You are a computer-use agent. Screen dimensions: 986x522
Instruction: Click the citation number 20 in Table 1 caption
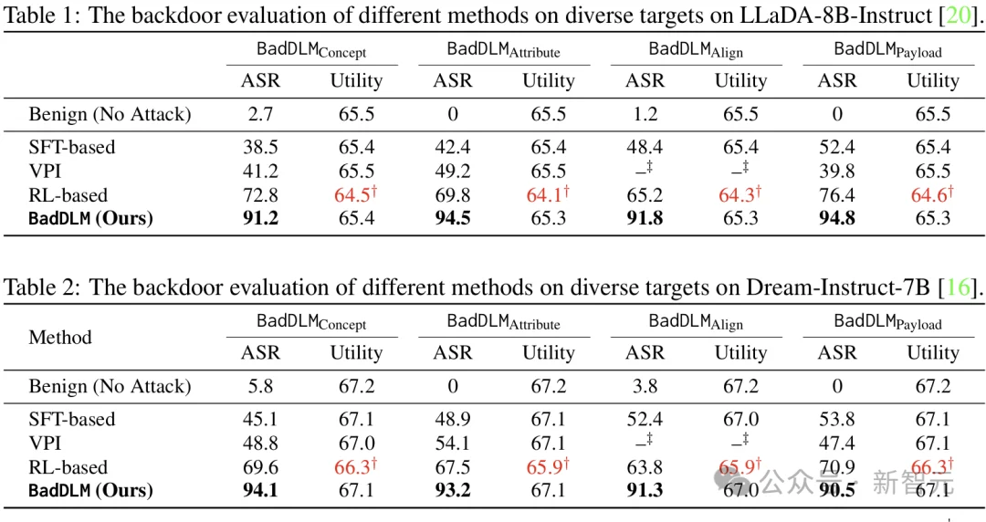pos(958,16)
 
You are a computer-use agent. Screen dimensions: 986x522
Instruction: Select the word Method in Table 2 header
pos(60,337)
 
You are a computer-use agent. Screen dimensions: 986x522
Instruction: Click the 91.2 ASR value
pos(260,218)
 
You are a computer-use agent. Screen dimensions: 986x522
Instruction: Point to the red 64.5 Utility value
pos(355,194)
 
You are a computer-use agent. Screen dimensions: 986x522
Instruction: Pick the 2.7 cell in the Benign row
pos(260,114)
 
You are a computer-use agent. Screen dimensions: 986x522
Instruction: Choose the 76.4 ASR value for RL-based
pos(837,195)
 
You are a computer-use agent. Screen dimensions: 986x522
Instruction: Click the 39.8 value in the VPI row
pos(837,171)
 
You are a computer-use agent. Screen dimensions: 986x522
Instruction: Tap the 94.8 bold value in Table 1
pos(837,218)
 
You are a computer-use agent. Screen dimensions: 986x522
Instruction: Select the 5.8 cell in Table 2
pos(260,386)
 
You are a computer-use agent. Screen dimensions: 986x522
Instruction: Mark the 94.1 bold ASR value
pos(260,491)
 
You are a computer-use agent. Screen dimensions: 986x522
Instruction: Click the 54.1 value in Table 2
pos(453,444)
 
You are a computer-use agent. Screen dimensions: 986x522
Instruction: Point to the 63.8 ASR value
pos(645,467)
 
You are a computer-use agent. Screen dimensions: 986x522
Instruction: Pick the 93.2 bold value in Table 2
pos(453,491)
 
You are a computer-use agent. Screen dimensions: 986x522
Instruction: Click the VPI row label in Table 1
pos(45,171)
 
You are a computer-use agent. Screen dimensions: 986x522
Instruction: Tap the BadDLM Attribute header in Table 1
pos(504,50)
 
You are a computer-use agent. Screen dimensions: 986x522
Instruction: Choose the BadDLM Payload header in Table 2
pos(888,323)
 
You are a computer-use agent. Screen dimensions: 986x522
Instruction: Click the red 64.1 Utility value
pos(548,194)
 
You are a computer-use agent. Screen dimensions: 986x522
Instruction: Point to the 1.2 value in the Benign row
pos(645,114)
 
